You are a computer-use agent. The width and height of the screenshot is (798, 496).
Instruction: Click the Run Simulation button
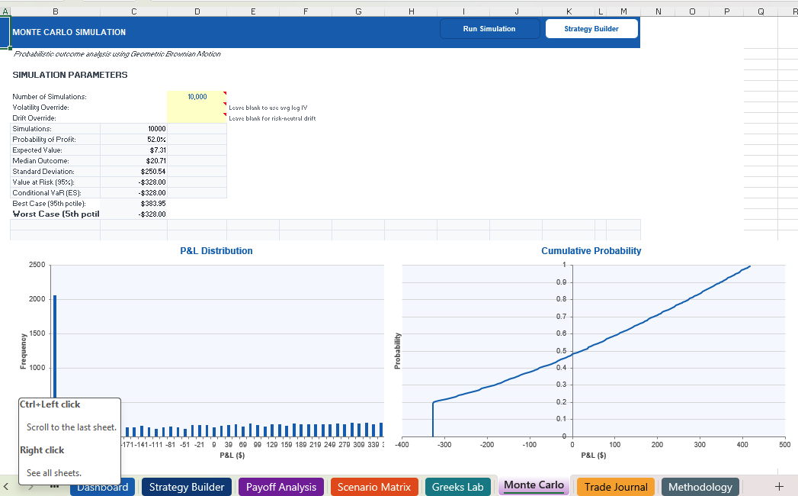tap(489, 29)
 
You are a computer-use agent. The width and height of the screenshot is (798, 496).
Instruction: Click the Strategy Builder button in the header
tap(591, 29)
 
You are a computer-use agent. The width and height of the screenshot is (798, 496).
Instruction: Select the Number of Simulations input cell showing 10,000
tap(197, 97)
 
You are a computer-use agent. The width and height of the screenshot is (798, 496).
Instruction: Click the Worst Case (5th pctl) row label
tap(56, 214)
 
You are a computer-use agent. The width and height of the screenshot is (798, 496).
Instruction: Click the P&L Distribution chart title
tap(216, 251)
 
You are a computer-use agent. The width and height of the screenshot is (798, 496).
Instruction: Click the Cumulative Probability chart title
tap(591, 251)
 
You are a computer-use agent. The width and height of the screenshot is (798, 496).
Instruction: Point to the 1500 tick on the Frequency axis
tap(37, 333)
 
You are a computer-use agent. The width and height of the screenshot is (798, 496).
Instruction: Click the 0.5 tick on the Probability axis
tap(561, 350)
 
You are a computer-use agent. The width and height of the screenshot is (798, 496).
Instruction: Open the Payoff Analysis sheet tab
tap(281, 487)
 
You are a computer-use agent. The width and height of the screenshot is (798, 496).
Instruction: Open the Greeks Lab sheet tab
tap(457, 487)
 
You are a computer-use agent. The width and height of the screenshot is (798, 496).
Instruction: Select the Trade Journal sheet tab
tap(616, 487)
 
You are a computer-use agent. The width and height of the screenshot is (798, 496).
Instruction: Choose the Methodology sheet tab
tap(700, 487)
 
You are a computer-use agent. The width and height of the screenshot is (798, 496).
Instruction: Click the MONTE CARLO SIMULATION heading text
tap(69, 32)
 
